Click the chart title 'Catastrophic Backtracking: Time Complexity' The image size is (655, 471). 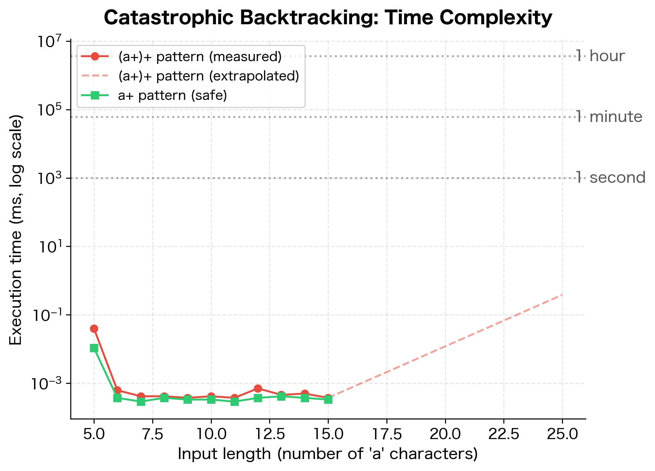pos(328,18)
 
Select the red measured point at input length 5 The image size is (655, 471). pos(94,329)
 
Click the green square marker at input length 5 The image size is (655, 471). pos(94,348)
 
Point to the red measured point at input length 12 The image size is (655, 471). pos(258,388)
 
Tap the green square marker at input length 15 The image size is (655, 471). pos(328,399)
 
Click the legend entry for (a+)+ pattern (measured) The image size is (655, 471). pos(200,57)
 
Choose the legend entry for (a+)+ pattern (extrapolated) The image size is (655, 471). pos(208,76)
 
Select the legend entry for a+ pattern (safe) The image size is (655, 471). pos(172,95)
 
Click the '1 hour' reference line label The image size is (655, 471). pos(600,56)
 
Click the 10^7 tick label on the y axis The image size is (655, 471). pos(49,42)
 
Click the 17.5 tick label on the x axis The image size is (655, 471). pos(386,434)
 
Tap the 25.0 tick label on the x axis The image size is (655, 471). pos(562,434)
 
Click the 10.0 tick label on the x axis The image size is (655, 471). pos(211,434)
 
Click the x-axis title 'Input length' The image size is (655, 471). pos(328,454)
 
